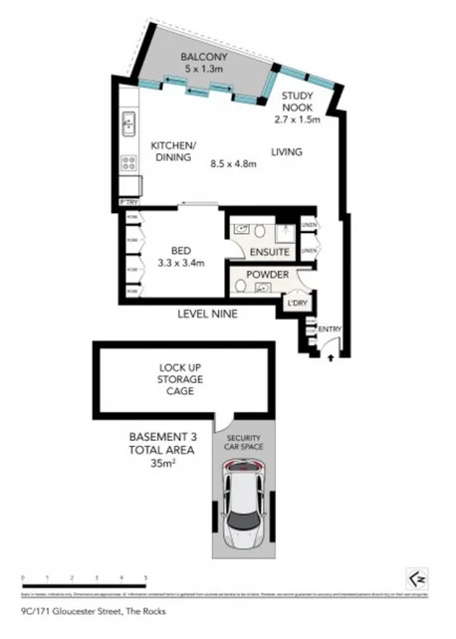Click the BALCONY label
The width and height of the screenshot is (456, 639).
pos(204,58)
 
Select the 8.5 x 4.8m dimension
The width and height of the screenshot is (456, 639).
pos(231,164)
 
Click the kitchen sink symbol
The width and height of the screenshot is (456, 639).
pos(128,123)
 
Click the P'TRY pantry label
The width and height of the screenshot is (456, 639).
pos(127,203)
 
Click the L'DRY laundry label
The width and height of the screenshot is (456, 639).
pos(296,303)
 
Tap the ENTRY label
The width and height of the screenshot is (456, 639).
pos(329,327)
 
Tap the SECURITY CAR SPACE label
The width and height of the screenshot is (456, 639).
pos(244,443)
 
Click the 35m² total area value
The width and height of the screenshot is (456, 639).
pos(162,463)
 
